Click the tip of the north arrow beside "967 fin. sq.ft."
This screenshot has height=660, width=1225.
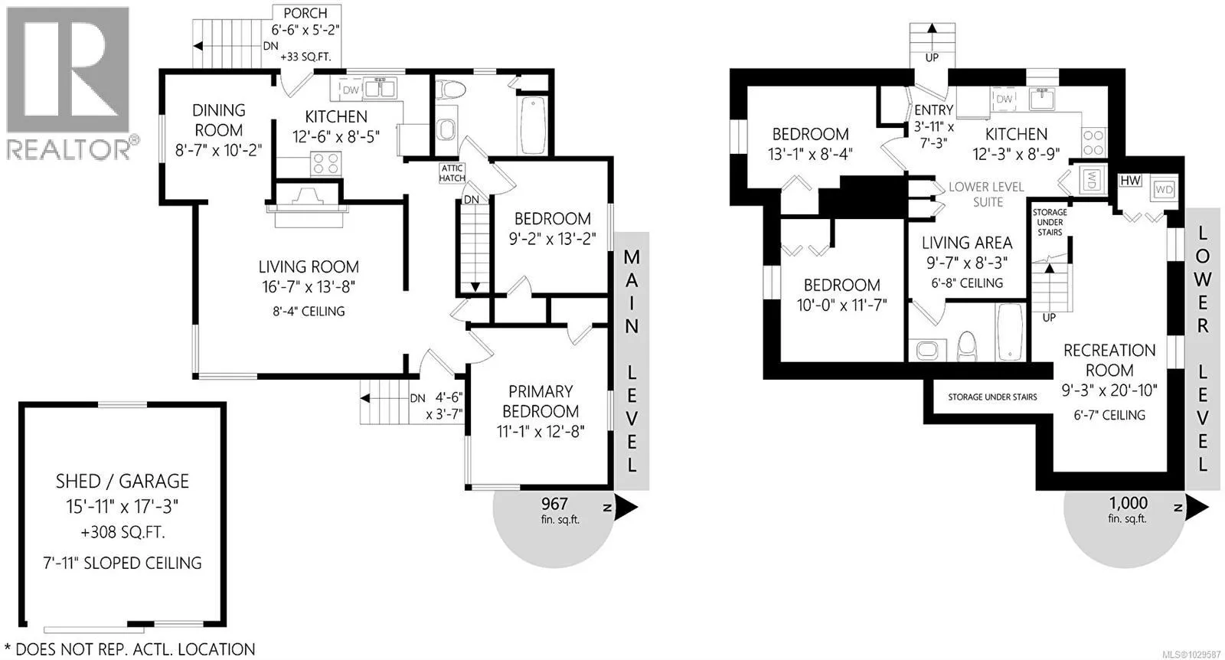[x=638, y=506]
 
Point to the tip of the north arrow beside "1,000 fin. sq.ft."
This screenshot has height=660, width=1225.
[x=1209, y=507]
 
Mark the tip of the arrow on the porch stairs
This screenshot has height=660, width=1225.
[x=194, y=46]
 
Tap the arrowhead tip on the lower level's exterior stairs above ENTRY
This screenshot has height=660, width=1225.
[x=932, y=24]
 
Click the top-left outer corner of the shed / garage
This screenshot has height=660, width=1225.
[x=19, y=403]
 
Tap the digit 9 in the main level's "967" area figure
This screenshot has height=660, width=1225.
[x=546, y=504]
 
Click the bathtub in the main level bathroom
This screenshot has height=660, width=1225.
[x=532, y=126]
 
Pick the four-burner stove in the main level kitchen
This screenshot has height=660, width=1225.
[x=326, y=164]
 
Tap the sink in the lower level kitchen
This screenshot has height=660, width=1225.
[x=1042, y=99]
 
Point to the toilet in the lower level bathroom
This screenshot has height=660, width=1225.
[x=967, y=346]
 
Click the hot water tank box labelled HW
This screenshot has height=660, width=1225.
[x=1130, y=181]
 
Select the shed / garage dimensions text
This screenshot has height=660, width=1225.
[x=122, y=507]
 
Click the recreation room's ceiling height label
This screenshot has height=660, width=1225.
[x=1109, y=415]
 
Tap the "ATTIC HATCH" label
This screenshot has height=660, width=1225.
[x=452, y=173]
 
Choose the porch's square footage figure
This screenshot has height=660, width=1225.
[x=305, y=57]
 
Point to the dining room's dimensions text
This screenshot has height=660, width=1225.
[x=219, y=150]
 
